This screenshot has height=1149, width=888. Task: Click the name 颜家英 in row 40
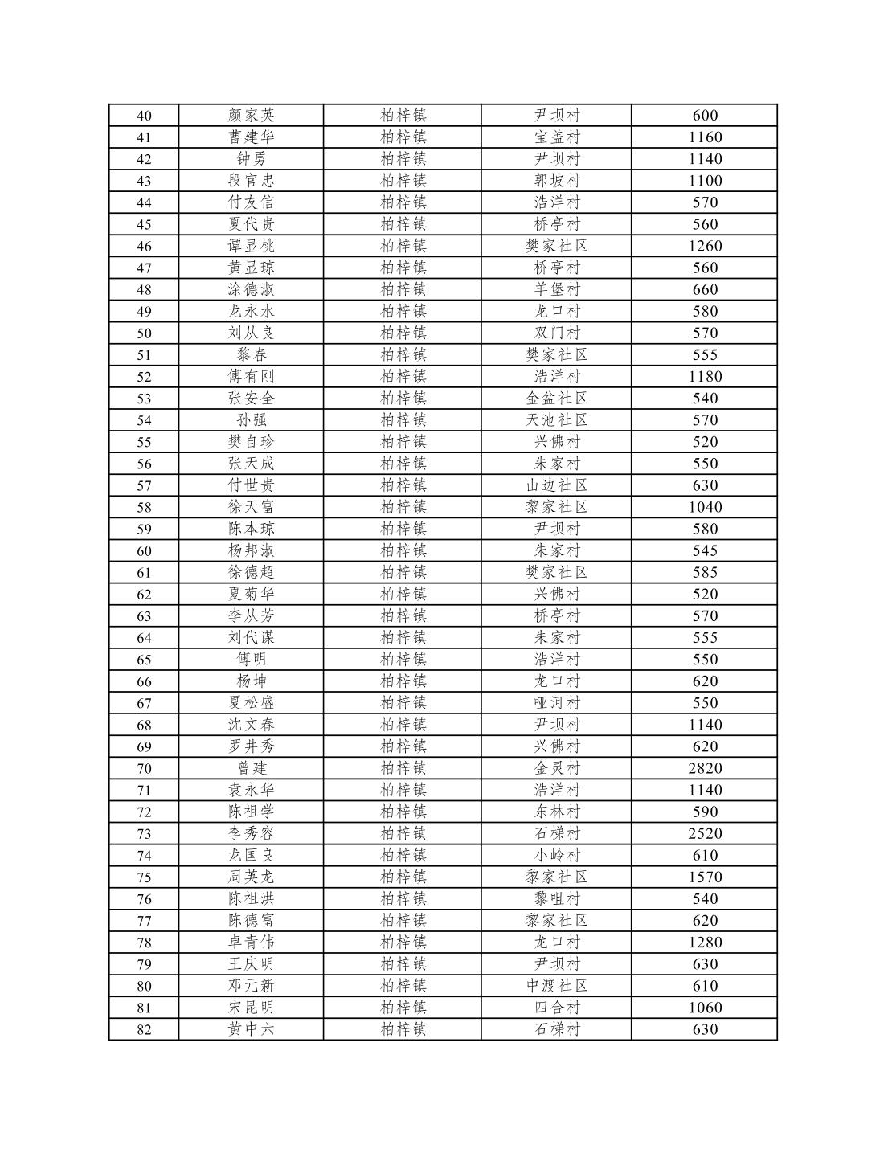point(251,116)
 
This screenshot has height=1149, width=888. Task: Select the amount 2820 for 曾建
point(705,768)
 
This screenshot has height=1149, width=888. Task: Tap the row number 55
point(144,442)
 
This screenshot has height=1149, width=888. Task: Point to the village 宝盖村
point(557,137)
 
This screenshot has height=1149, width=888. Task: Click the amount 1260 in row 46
point(705,246)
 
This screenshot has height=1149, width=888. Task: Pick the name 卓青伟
point(251,942)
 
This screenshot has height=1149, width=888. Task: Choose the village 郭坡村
point(557,181)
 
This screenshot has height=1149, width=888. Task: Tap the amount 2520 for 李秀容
point(705,833)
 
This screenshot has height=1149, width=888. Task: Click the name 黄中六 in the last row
point(251,1029)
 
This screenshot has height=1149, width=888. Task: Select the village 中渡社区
point(557,986)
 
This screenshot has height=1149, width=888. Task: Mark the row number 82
point(144,1029)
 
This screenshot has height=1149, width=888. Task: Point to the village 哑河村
point(557,703)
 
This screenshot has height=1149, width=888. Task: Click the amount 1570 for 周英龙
point(705,877)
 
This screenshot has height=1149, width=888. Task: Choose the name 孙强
point(251,420)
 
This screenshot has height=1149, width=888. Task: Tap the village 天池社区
point(557,420)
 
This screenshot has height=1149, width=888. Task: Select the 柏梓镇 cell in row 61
point(403,572)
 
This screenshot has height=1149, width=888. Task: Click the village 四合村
point(557,1008)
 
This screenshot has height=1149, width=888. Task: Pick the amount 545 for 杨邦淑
point(705,550)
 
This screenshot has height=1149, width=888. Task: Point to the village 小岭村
point(557,855)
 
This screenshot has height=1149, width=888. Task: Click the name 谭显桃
point(251,246)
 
